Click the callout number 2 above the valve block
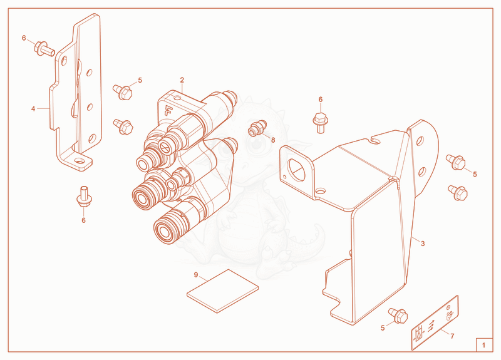182,80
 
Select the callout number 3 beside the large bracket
423,244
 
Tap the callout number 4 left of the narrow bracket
33,109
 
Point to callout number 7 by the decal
452,336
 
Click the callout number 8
273,140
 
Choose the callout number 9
196,275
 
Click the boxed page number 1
483,345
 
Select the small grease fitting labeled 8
257,128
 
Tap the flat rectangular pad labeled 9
223,291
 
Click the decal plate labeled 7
435,322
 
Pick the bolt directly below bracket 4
85,196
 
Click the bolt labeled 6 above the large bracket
321,123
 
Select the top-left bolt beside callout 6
44,49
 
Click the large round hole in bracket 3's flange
296,168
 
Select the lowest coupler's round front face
165,230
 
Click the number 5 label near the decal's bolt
383,328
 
